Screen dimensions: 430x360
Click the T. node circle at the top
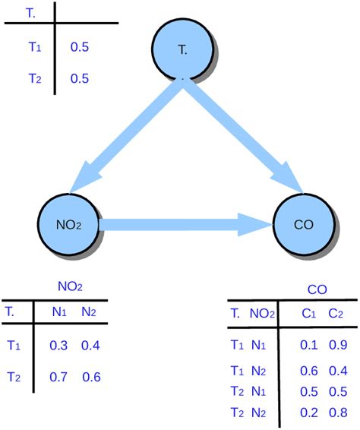click(x=183, y=48)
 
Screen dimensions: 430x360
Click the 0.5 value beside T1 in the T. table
click(x=79, y=47)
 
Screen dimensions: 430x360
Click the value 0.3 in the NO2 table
click(x=58, y=346)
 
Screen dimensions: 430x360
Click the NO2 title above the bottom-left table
click(x=70, y=286)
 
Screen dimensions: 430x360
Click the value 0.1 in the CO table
click(x=308, y=345)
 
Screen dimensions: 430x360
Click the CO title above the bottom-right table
click(x=317, y=289)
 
